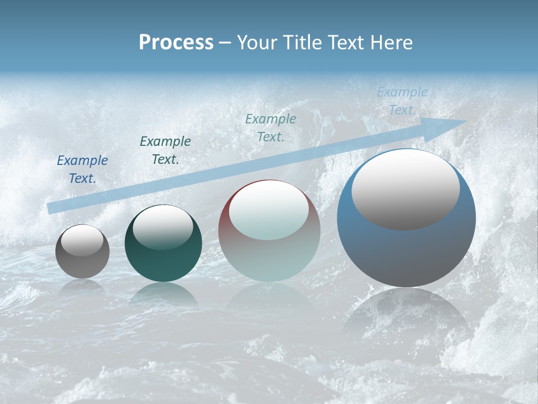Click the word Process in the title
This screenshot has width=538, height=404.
pos(176,43)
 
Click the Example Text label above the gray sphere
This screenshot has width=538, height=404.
pos(82,169)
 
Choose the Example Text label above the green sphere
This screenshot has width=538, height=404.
pos(165,150)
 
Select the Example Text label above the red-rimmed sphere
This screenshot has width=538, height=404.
pos(271,127)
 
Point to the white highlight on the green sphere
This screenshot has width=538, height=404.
pos(163,227)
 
